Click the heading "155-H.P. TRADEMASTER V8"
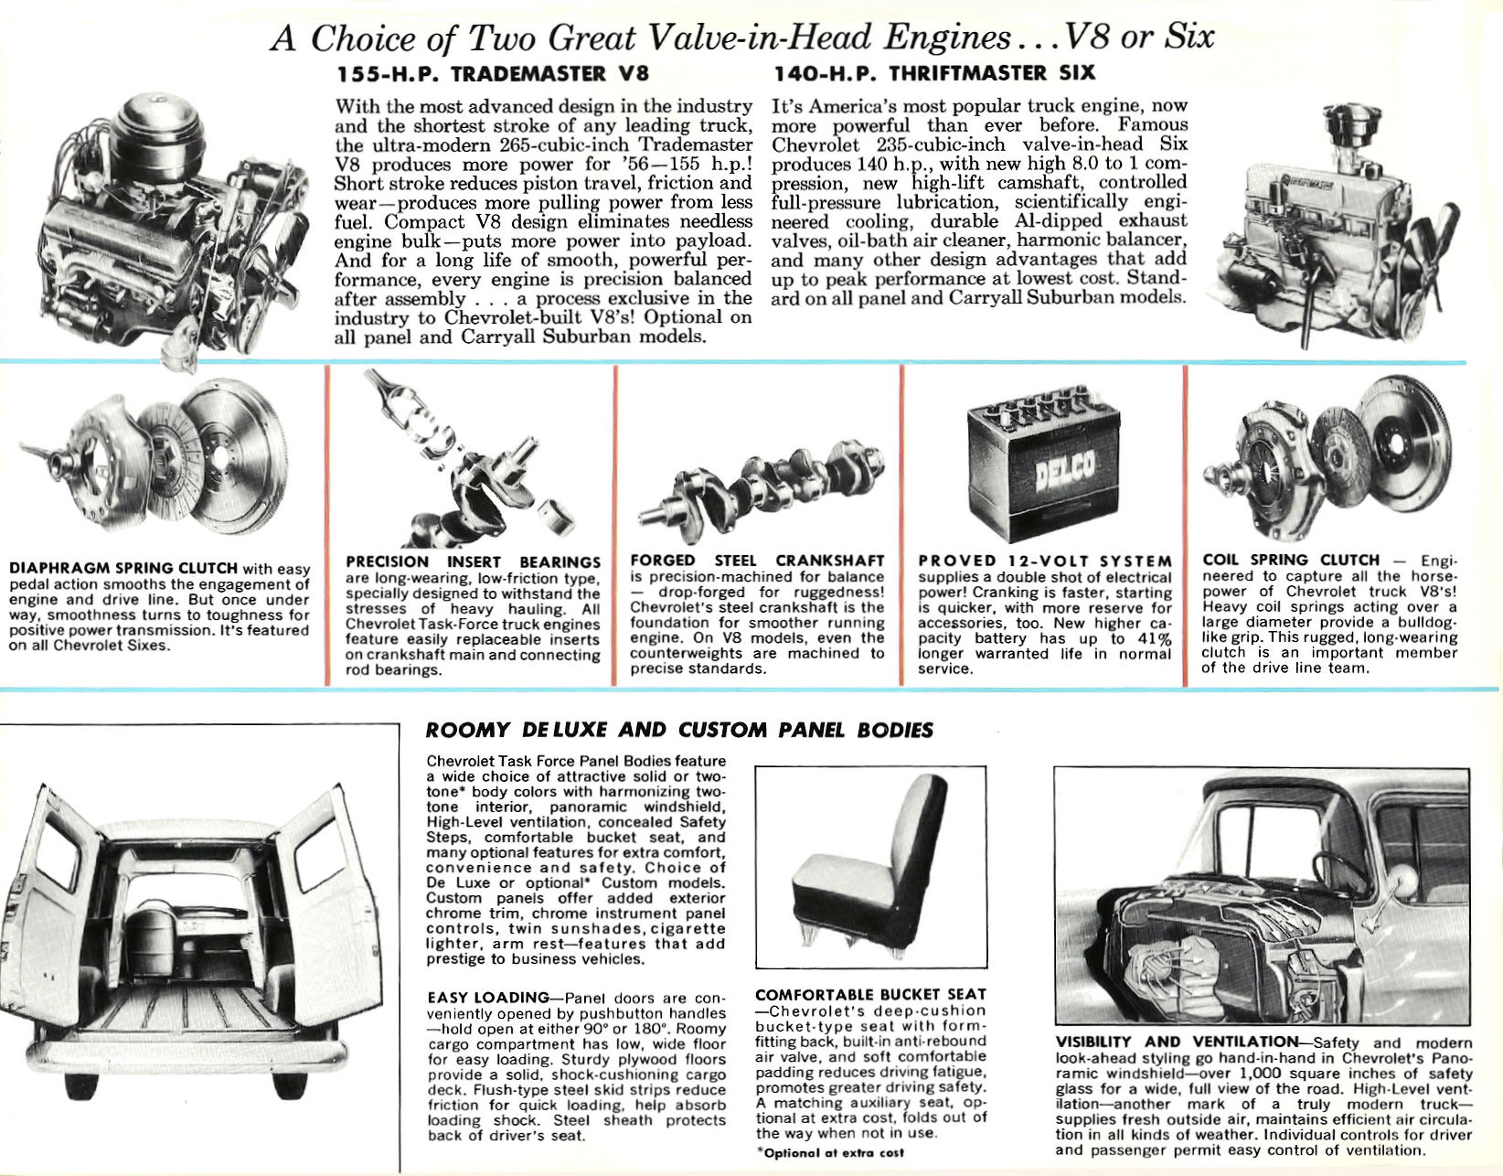tap(484, 73)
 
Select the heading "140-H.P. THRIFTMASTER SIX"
tap(933, 73)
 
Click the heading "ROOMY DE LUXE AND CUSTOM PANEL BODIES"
tap(679, 730)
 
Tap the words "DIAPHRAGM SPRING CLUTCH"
tap(123, 569)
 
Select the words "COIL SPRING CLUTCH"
tap(1291, 560)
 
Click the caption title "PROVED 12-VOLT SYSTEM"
tap(1045, 561)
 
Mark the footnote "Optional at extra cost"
tap(829, 1152)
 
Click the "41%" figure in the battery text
tap(1154, 637)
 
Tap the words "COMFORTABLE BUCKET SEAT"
tap(870, 994)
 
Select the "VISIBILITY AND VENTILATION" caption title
tap(1177, 1042)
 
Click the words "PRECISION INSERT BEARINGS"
tap(473, 561)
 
